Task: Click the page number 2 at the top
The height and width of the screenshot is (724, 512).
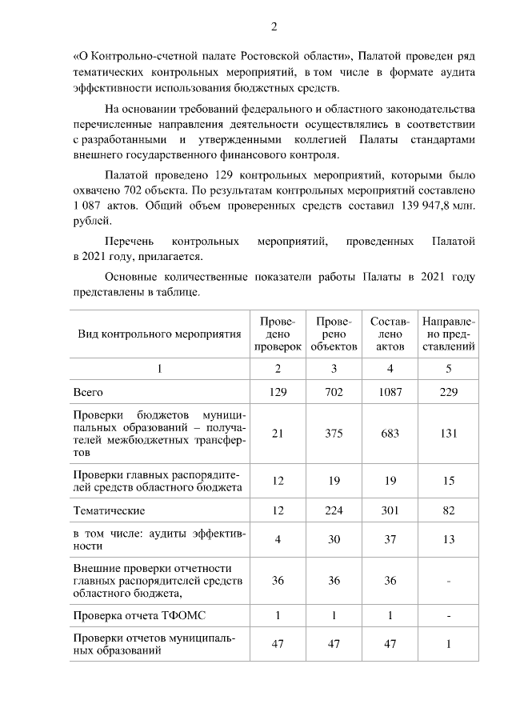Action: [x=274, y=27]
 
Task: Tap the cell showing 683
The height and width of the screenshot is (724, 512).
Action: [x=390, y=433]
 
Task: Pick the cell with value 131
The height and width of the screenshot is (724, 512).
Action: [x=449, y=433]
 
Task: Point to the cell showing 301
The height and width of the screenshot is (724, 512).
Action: [x=390, y=510]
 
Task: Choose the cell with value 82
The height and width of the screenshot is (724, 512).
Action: [x=449, y=510]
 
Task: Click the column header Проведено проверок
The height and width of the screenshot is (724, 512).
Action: [x=278, y=334]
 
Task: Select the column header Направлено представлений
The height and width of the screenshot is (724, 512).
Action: [x=449, y=334]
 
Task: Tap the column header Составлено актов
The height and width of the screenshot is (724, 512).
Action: [x=390, y=334]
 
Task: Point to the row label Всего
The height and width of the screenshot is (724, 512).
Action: [x=88, y=392]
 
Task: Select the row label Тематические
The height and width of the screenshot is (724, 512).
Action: [x=110, y=510]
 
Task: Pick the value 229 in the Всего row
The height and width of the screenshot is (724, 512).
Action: [x=449, y=392]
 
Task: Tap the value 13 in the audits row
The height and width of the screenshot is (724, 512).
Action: [x=449, y=540]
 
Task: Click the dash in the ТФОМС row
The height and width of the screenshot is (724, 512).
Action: [x=449, y=617]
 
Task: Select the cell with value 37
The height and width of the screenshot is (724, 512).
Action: [x=390, y=540]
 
